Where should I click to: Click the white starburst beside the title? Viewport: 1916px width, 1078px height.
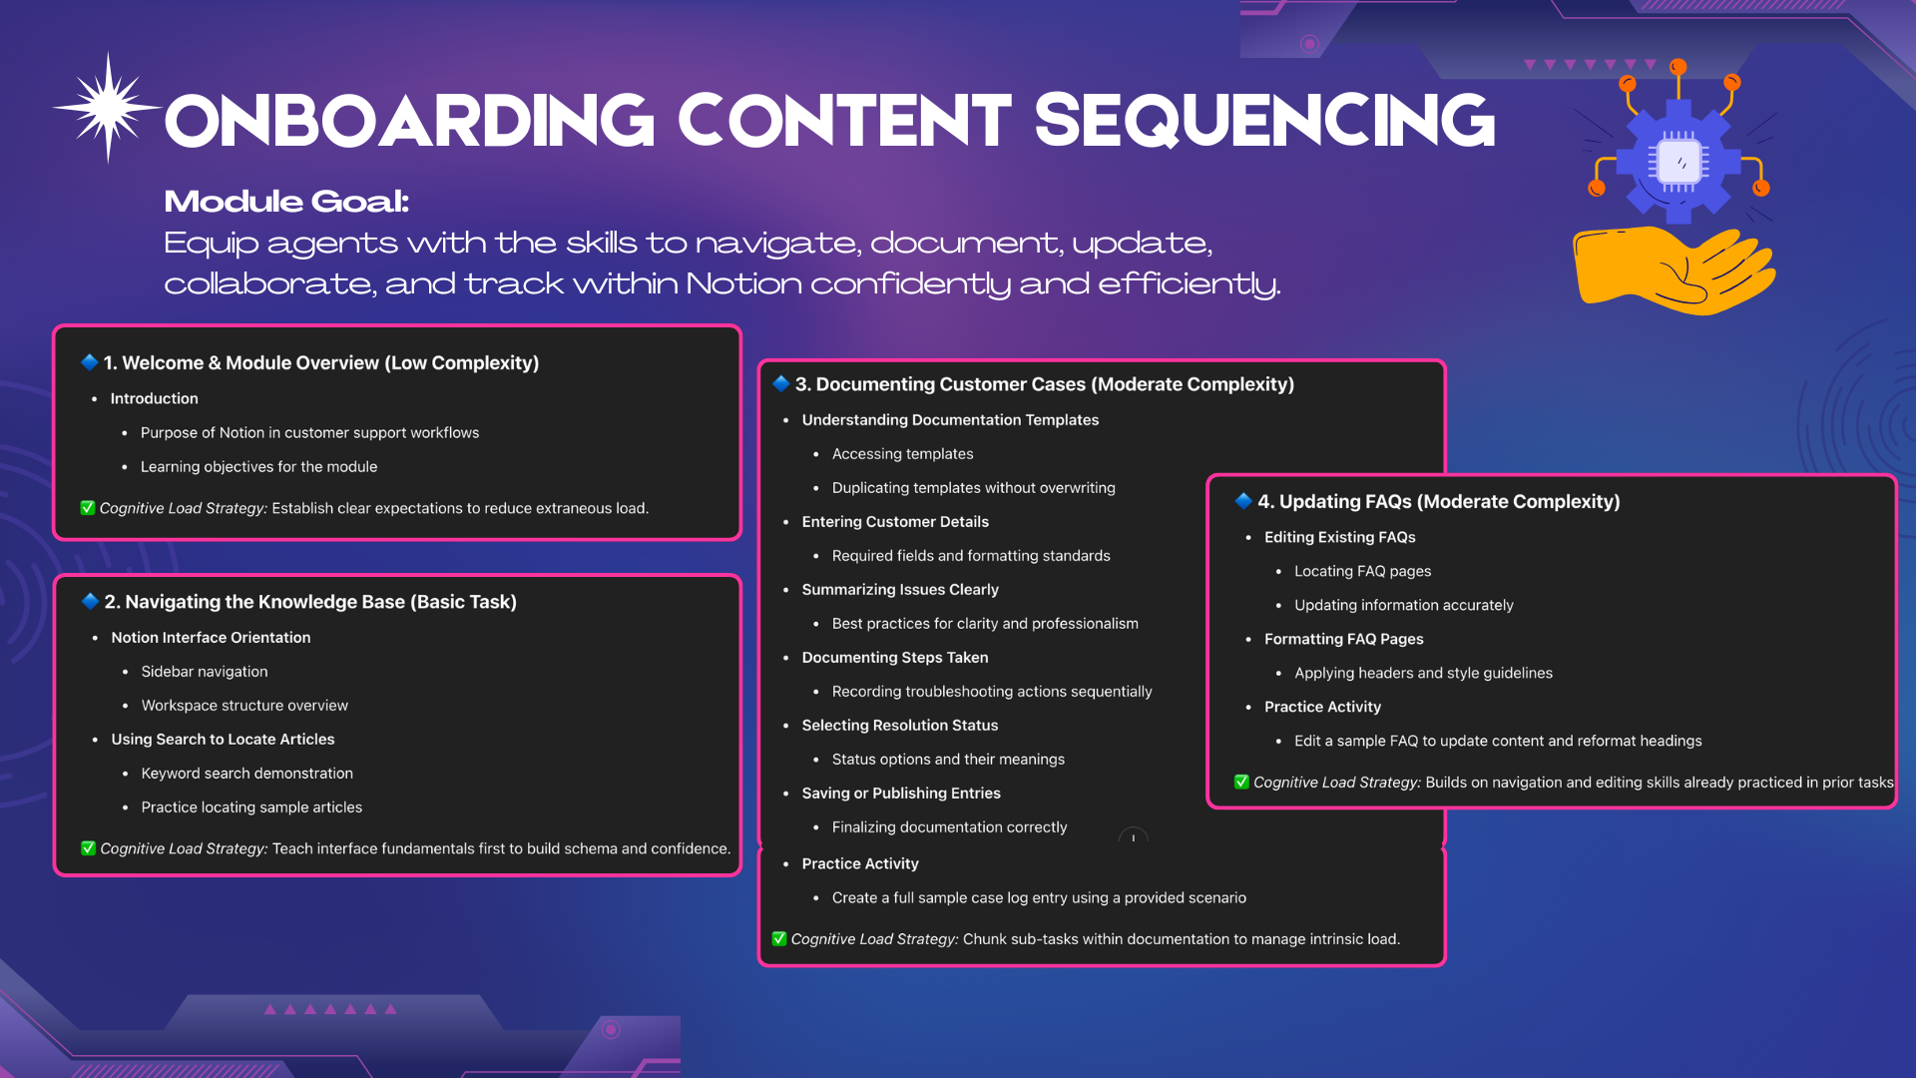tap(108, 107)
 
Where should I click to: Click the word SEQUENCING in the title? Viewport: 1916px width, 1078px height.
tap(1264, 122)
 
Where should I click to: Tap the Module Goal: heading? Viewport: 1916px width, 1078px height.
tap(286, 201)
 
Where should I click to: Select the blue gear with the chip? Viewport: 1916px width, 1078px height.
tap(1678, 160)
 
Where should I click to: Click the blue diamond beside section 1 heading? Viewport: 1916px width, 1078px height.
tap(90, 362)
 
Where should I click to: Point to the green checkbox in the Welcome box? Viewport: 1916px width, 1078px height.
tap(88, 508)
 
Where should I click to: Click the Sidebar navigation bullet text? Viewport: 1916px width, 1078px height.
tap(205, 672)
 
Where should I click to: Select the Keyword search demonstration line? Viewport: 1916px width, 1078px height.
tap(247, 774)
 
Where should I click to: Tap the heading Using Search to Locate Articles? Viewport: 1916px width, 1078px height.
tap(223, 740)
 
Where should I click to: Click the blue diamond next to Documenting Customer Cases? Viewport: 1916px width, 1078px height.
tap(781, 383)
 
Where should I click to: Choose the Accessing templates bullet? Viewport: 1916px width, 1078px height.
tap(902, 454)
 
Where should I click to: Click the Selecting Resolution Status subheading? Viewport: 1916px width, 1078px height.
tap(900, 726)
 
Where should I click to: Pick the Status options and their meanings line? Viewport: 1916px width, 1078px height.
tap(948, 760)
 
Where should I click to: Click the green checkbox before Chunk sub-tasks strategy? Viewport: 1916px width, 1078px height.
tap(779, 938)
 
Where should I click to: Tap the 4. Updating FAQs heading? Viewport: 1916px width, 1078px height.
tap(1438, 501)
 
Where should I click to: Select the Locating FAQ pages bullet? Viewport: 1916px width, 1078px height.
tap(1362, 571)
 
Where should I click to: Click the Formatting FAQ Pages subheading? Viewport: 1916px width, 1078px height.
tap(1343, 639)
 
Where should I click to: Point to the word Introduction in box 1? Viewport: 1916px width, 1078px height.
tap(154, 398)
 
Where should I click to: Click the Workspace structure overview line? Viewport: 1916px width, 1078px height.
tap(244, 706)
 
